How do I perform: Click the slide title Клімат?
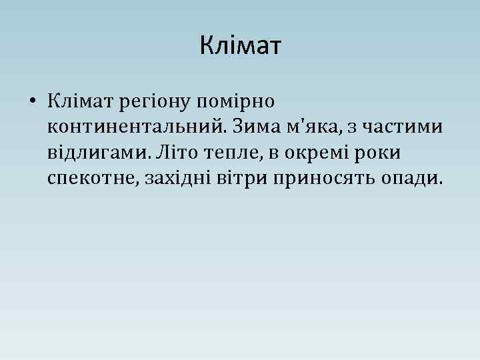(241, 47)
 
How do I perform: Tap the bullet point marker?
(31, 102)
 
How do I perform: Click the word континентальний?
(131, 127)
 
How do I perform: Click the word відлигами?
(97, 153)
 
